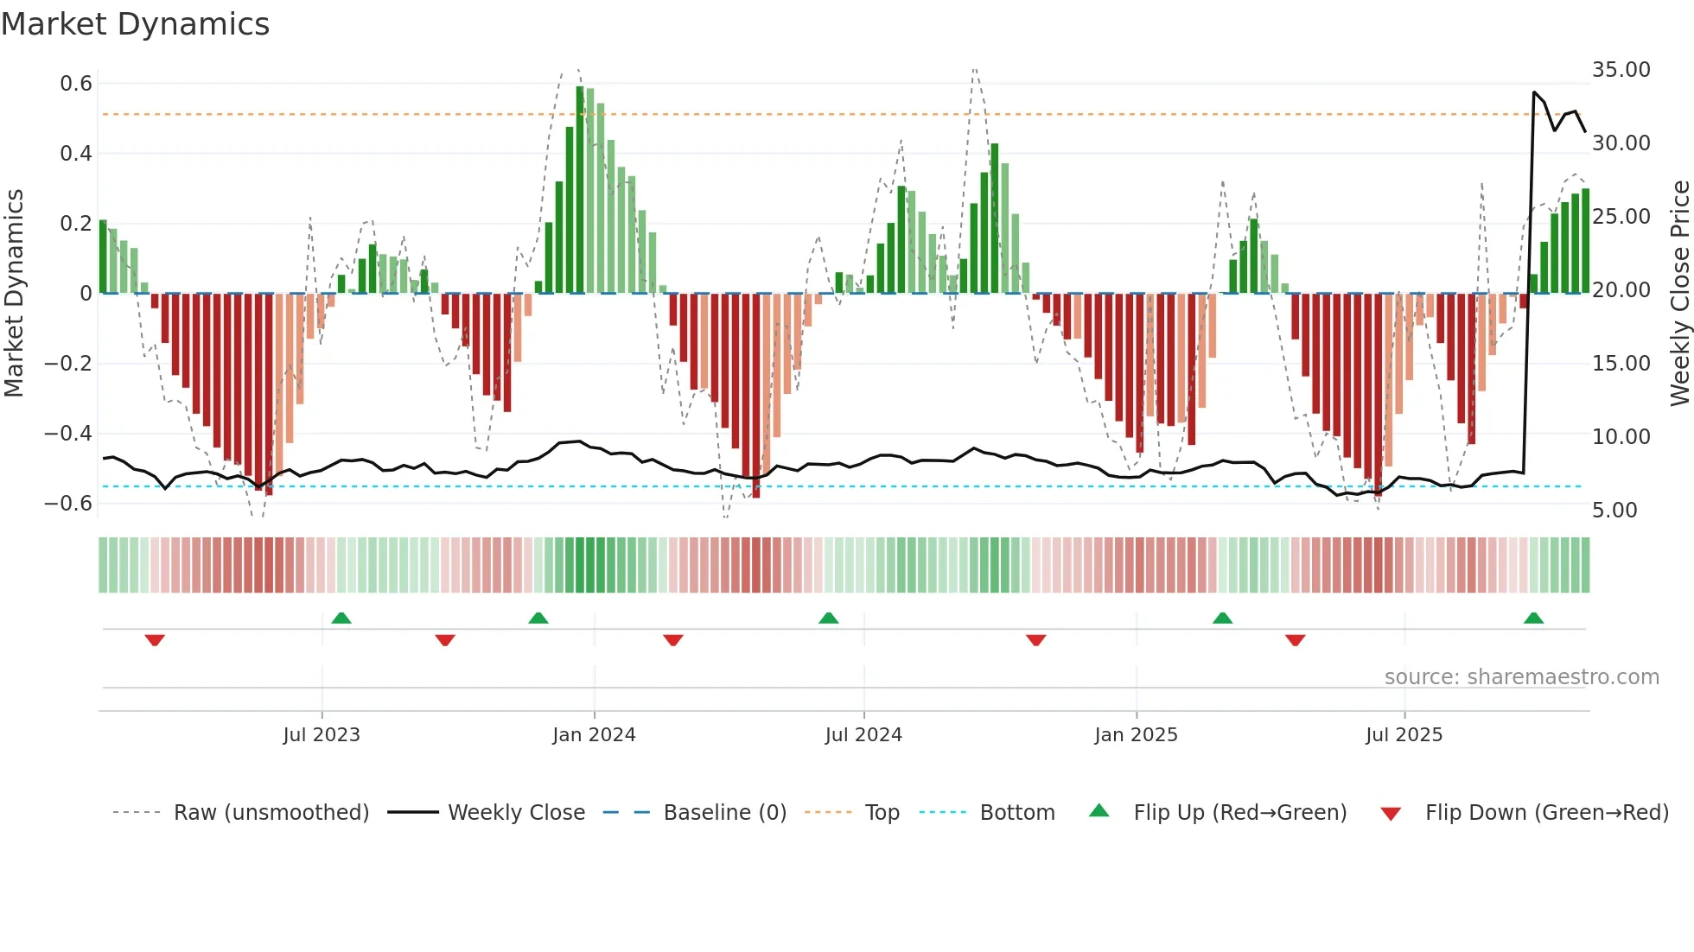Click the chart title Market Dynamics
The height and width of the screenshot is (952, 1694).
coord(135,24)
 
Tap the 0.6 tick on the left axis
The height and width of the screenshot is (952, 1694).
coord(76,84)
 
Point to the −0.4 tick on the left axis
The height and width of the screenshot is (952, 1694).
coord(68,433)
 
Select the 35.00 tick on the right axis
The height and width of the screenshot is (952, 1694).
coord(1621,70)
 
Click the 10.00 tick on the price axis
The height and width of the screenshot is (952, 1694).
coord(1621,437)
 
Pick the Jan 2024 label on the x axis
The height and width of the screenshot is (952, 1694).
coord(594,735)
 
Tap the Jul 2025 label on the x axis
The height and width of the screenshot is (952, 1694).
coord(1404,735)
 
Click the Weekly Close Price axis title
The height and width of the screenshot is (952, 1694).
coord(1679,294)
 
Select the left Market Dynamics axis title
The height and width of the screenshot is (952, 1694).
coord(14,294)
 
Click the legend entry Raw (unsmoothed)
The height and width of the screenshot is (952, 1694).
coord(271,813)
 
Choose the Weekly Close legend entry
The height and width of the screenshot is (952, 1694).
coord(516,813)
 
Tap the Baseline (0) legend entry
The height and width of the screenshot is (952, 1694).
coord(724,813)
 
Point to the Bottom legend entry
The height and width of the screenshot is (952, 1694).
coord(1016,813)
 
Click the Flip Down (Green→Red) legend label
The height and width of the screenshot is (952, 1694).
coord(1546,813)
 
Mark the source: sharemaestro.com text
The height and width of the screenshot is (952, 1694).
coord(1521,677)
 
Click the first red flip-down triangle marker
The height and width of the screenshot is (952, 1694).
coord(155,640)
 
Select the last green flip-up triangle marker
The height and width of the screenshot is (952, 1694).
coord(1533,618)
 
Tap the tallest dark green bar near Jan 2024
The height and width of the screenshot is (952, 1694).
coord(580,190)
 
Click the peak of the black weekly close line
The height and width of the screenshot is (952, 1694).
coord(1534,92)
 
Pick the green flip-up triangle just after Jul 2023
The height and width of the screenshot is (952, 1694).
coord(341,618)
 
